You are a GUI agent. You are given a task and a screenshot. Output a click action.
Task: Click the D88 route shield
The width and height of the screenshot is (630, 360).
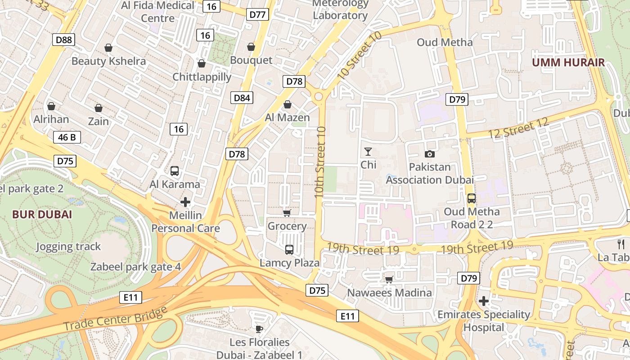[63, 40]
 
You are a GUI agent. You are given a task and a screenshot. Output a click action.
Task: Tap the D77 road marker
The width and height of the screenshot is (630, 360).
[258, 14]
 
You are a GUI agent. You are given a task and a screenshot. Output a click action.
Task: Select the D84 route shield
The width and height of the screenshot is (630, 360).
[242, 98]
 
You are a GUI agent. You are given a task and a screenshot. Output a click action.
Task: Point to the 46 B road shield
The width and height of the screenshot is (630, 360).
[67, 137]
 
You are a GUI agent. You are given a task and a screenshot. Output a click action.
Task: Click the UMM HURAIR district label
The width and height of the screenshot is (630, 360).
[568, 62]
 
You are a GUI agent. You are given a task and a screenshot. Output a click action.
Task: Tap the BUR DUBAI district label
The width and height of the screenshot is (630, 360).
[42, 214]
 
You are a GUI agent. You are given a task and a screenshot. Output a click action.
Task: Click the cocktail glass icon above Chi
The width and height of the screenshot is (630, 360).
[368, 152]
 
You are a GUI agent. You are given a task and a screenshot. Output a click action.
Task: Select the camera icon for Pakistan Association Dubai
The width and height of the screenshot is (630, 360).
[430, 154]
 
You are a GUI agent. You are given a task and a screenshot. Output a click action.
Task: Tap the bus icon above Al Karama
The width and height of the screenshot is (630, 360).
[175, 171]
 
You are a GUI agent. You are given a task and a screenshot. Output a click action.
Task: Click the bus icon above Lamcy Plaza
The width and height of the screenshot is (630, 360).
[289, 249]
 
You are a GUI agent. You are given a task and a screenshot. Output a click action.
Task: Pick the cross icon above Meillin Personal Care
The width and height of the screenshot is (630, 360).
[185, 202]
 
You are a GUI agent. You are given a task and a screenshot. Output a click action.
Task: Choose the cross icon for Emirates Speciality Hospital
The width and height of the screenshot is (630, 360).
[484, 301]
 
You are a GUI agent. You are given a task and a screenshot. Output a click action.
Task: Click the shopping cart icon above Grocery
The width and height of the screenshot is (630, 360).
[287, 213]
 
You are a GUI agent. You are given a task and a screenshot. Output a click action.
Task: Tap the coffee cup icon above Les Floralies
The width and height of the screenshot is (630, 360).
[259, 328]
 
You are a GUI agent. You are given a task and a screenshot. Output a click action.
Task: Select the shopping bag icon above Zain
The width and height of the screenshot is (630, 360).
[99, 108]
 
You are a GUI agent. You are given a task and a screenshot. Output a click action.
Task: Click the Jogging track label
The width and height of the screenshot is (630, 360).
[68, 247]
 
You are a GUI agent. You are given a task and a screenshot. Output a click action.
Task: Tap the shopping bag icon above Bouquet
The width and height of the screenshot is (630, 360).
[251, 47]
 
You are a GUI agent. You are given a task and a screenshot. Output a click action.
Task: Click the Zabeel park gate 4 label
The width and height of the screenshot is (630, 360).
[135, 267]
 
